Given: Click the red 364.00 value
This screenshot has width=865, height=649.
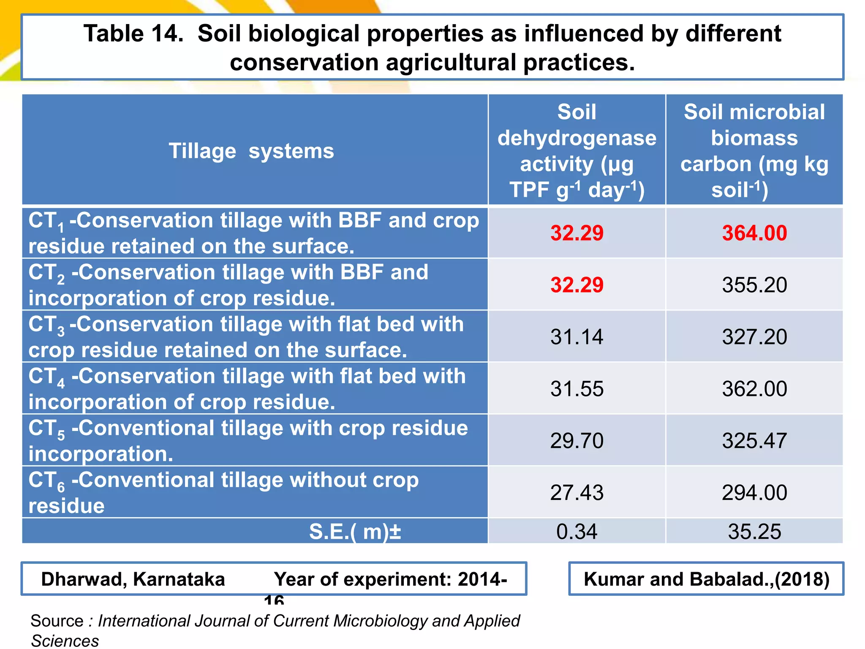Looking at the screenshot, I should pyautogui.click(x=754, y=233).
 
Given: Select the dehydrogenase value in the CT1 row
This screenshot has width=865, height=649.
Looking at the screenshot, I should pyautogui.click(x=577, y=233).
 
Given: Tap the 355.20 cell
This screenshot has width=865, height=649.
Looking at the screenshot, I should pyautogui.click(x=754, y=285).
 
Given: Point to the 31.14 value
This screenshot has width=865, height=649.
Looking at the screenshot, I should pyautogui.click(x=577, y=337).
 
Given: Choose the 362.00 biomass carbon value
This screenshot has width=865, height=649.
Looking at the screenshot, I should pyautogui.click(x=754, y=389).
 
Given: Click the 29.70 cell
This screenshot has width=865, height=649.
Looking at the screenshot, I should pyautogui.click(x=577, y=441).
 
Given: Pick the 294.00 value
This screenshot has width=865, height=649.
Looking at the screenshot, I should pyautogui.click(x=754, y=493).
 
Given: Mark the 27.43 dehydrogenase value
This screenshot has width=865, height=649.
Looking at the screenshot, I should pyautogui.click(x=577, y=493).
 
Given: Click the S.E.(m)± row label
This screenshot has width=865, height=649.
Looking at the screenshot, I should pyautogui.click(x=355, y=532).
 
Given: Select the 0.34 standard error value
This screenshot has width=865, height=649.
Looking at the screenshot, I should pyautogui.click(x=577, y=532).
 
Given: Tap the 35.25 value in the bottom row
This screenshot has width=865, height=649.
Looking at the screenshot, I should pyautogui.click(x=754, y=532).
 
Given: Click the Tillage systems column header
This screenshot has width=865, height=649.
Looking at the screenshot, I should pyautogui.click(x=251, y=151).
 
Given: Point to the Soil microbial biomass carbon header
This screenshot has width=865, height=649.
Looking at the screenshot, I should pyautogui.click(x=754, y=150).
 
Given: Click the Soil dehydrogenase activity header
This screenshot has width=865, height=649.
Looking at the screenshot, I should pyautogui.click(x=577, y=150).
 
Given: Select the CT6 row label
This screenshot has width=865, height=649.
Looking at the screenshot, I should pyautogui.click(x=224, y=493).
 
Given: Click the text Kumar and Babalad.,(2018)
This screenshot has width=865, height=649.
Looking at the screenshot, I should pyautogui.click(x=707, y=579).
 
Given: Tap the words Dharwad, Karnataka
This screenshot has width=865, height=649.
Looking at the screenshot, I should pyautogui.click(x=133, y=579).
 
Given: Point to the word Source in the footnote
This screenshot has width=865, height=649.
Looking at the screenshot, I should pyautogui.click(x=57, y=621).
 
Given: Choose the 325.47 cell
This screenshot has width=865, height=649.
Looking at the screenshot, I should pyautogui.click(x=754, y=441).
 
